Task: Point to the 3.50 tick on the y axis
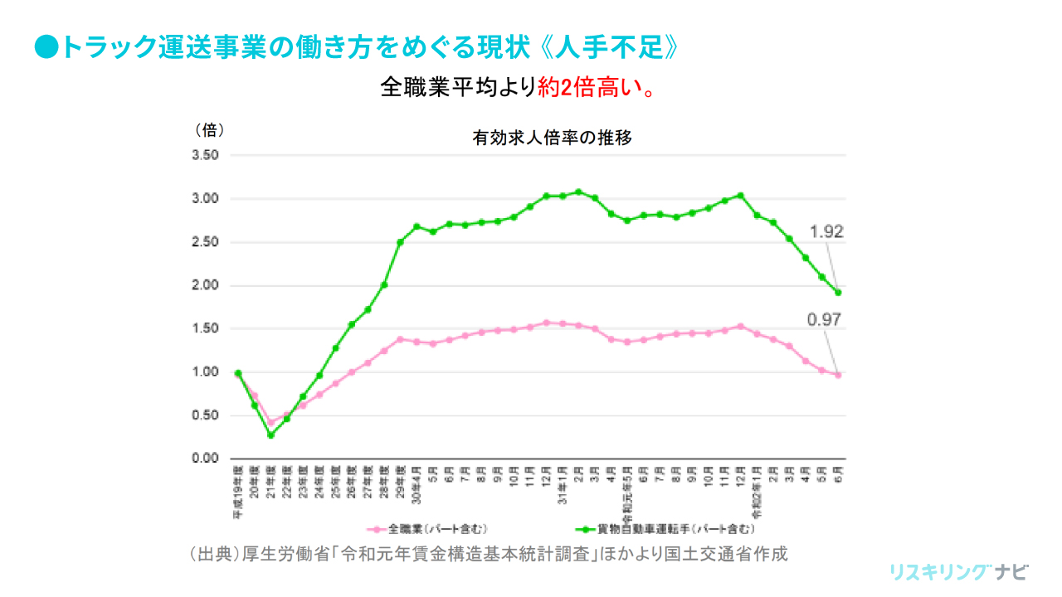204,156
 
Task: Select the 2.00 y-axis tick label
204,285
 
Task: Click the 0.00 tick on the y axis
204,459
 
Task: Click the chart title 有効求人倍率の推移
552,138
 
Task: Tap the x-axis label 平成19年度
238,493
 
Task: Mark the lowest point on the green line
270,434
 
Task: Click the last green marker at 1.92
838,292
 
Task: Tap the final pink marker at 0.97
838,375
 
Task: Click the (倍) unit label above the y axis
209,130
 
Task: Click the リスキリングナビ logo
958,572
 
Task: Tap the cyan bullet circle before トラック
46,47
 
